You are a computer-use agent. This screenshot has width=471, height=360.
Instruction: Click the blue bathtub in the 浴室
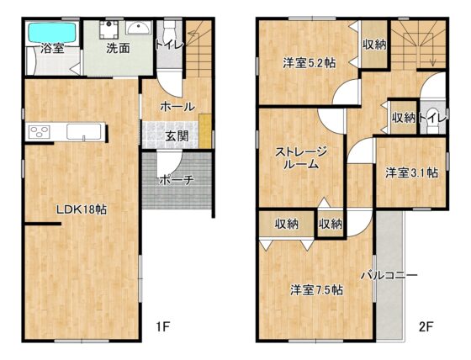(52, 32)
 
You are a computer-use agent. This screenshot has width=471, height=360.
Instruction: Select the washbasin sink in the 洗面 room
(139, 28)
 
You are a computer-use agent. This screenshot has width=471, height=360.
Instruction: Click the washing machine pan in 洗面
(109, 29)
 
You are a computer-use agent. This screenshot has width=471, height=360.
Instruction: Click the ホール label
(177, 106)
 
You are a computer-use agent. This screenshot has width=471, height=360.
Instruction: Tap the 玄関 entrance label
(177, 136)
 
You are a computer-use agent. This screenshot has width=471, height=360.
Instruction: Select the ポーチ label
(176, 180)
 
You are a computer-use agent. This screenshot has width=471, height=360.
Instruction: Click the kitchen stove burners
(39, 132)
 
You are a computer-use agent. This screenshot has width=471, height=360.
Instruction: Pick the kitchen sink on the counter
(83, 131)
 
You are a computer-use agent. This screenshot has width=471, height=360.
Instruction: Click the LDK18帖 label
(82, 209)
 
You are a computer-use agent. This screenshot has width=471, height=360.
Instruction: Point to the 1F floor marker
(162, 326)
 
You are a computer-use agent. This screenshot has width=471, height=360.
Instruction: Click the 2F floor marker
(426, 326)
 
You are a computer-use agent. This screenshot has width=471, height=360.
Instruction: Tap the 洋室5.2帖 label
(310, 63)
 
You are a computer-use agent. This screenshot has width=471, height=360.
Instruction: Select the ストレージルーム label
(301, 158)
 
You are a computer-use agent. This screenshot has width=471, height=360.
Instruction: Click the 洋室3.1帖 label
(411, 172)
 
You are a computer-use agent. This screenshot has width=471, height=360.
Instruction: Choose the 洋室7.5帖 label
(316, 290)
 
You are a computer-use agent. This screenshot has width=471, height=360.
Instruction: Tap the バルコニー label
(389, 275)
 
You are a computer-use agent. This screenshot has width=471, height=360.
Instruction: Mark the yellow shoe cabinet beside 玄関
(205, 130)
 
